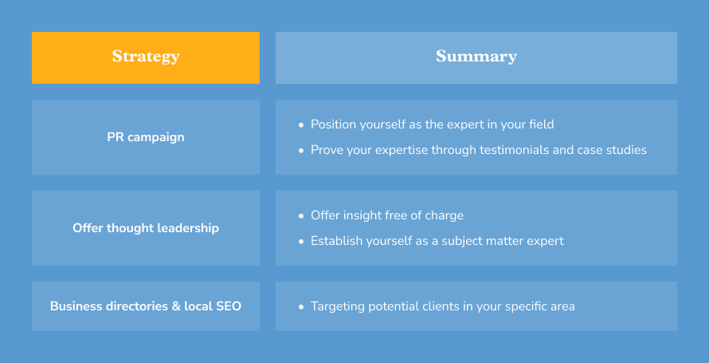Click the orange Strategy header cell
146,57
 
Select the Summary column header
476,57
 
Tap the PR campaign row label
146,137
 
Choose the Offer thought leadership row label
146,227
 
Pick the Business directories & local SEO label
146,306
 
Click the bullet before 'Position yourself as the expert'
301,125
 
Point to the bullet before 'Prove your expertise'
301,151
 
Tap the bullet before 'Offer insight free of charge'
301,216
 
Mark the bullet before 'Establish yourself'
301,242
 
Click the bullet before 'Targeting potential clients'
301,307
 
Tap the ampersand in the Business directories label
176,306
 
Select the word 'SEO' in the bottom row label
229,306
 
